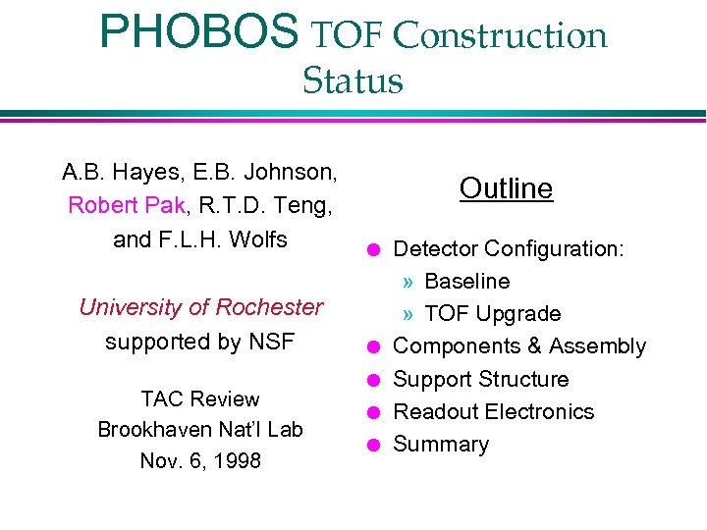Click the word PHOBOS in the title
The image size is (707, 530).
click(x=198, y=32)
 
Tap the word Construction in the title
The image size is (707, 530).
click(x=500, y=35)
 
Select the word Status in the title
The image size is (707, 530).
click(x=353, y=80)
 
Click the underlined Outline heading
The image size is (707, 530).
click(x=506, y=188)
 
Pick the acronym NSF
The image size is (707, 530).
click(x=271, y=342)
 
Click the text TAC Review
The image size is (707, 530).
click(x=200, y=399)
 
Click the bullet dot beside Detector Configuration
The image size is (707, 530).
click(x=373, y=249)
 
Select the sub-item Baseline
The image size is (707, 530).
click(x=466, y=282)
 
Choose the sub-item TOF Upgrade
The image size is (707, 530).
click(x=492, y=314)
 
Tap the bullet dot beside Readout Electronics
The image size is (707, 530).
click(x=373, y=412)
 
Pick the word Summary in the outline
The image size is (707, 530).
click(x=441, y=445)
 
